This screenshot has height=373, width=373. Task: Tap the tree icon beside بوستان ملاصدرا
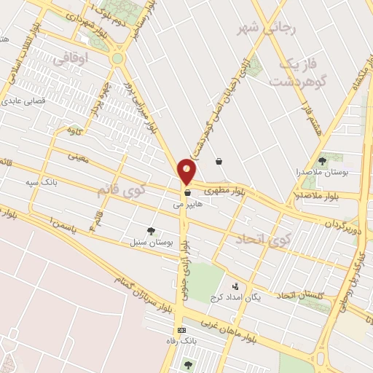pyautogui.click(x=323, y=161)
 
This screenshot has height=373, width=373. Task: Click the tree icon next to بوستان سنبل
pyautogui.click(x=151, y=231)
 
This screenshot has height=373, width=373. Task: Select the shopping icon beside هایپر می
pyautogui.click(x=188, y=194)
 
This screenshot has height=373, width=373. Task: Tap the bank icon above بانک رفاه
pyautogui.click(x=181, y=330)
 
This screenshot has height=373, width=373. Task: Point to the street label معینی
pyautogui.click(x=78, y=156)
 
